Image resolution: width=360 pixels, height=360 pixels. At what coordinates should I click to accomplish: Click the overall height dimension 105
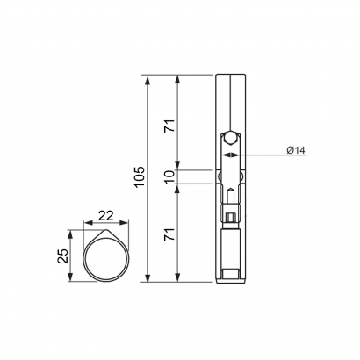pos(140,176)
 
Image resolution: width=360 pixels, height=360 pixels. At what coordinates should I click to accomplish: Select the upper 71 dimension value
pos(169,126)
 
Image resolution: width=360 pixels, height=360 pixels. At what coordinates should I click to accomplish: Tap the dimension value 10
pos(169,177)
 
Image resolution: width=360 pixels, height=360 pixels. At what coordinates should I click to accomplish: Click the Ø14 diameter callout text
pos(296,150)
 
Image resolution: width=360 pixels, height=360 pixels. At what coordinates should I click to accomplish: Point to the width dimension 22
pos(105,216)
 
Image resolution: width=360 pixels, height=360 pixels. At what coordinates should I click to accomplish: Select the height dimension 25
pos(63,256)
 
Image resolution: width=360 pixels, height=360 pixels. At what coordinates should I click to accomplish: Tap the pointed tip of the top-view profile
pos(106,230)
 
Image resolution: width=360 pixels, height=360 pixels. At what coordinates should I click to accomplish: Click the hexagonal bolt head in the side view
pos(231,137)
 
